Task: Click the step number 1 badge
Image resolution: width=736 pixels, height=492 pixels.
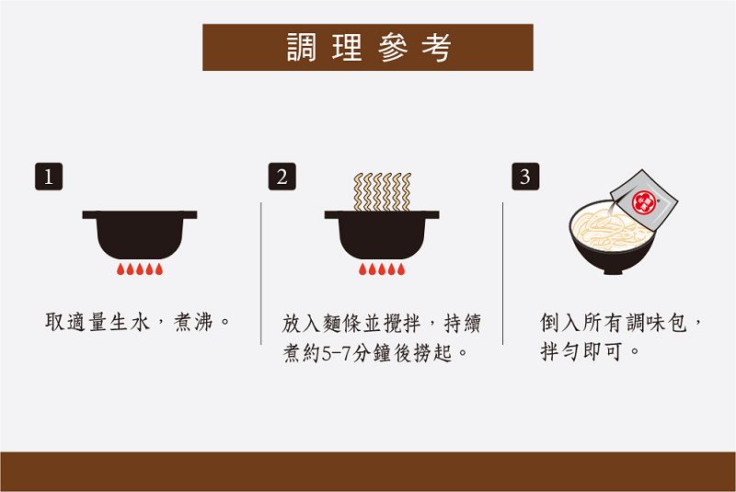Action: [49, 177]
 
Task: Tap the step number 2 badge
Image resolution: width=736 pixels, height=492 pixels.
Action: [282, 177]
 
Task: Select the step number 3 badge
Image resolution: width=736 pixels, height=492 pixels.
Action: [525, 177]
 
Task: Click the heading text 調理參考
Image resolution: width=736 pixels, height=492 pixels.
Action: [369, 48]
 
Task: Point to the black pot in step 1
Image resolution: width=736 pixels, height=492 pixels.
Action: [140, 235]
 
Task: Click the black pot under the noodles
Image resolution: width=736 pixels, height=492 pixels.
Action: [382, 235]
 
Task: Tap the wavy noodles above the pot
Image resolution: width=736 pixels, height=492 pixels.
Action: [382, 191]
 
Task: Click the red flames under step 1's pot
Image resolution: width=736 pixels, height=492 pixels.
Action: [140, 269]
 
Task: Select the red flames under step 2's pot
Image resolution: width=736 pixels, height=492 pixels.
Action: [382, 269]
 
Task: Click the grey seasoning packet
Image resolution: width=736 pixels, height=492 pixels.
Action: [644, 200]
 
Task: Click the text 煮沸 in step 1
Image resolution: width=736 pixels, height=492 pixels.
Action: [193, 322]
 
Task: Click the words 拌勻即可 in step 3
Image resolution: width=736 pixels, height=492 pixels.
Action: [581, 351]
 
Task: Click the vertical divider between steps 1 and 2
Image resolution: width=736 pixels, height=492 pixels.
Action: [261, 273]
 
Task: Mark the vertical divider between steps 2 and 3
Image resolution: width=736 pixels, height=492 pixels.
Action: [502, 273]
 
